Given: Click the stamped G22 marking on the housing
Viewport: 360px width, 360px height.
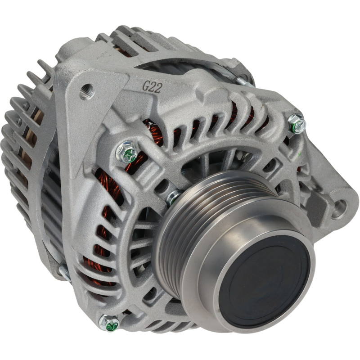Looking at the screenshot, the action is (x=152, y=87).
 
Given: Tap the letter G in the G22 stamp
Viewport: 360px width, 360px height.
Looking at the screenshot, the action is (x=146, y=86).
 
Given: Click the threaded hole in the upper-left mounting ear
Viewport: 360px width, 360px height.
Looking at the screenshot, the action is (x=87, y=91).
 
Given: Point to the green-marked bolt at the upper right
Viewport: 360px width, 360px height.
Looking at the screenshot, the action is (x=297, y=124).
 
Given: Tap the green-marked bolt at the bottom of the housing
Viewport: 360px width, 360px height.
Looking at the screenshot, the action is (x=109, y=323).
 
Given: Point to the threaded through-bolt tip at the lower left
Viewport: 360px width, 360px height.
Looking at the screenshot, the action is (x=65, y=273).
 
